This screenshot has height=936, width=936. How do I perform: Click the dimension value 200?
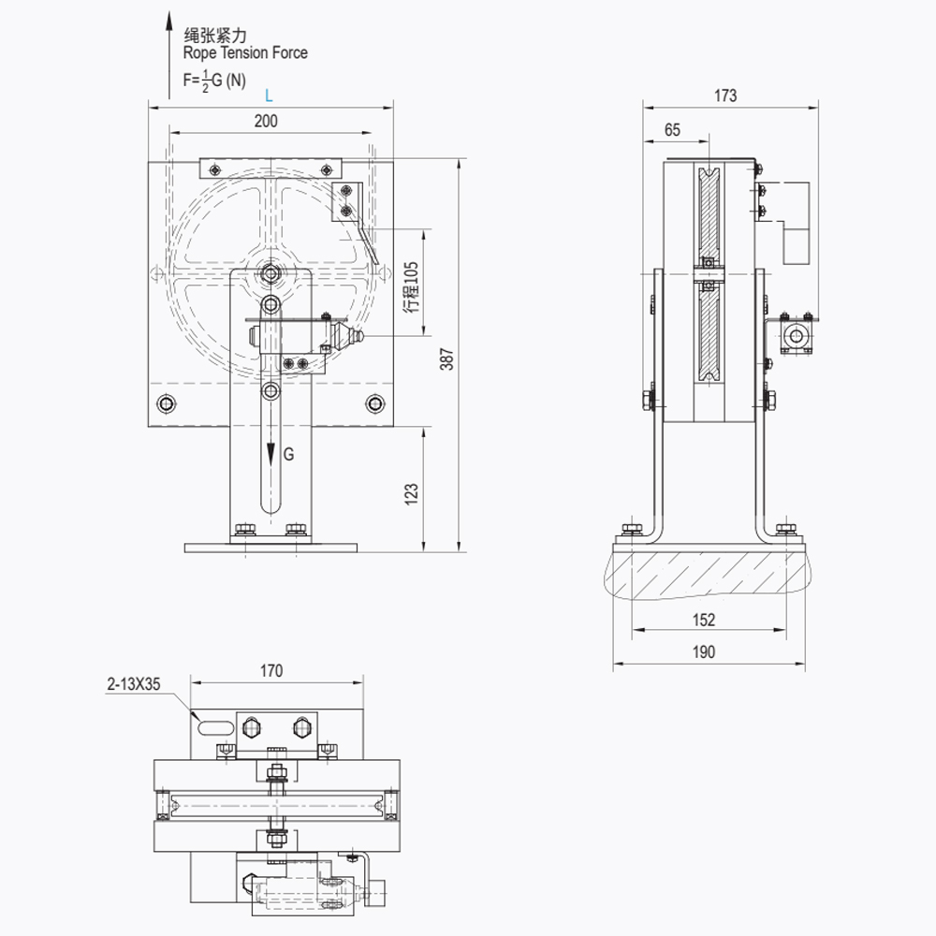[x=266, y=121]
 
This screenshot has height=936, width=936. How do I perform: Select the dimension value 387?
[x=446, y=358]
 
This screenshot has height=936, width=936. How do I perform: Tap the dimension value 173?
[x=724, y=95]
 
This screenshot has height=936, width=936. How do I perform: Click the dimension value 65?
[x=672, y=131]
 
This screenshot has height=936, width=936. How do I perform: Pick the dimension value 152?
[x=704, y=620]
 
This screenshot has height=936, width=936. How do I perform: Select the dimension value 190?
[x=704, y=652]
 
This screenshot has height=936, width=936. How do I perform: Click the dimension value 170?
[x=271, y=670]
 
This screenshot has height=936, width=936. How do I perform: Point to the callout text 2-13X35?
[x=134, y=684]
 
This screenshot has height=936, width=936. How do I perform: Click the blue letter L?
[x=269, y=95]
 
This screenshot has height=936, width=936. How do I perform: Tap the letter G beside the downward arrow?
[x=288, y=454]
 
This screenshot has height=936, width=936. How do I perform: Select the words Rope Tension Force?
[x=245, y=53]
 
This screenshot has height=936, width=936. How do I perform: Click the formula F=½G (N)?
[x=214, y=80]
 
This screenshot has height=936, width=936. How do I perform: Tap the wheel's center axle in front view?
[x=271, y=273]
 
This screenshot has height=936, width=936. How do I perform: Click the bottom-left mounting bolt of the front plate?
[x=167, y=403]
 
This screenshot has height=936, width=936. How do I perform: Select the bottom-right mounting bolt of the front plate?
[x=375, y=403]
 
